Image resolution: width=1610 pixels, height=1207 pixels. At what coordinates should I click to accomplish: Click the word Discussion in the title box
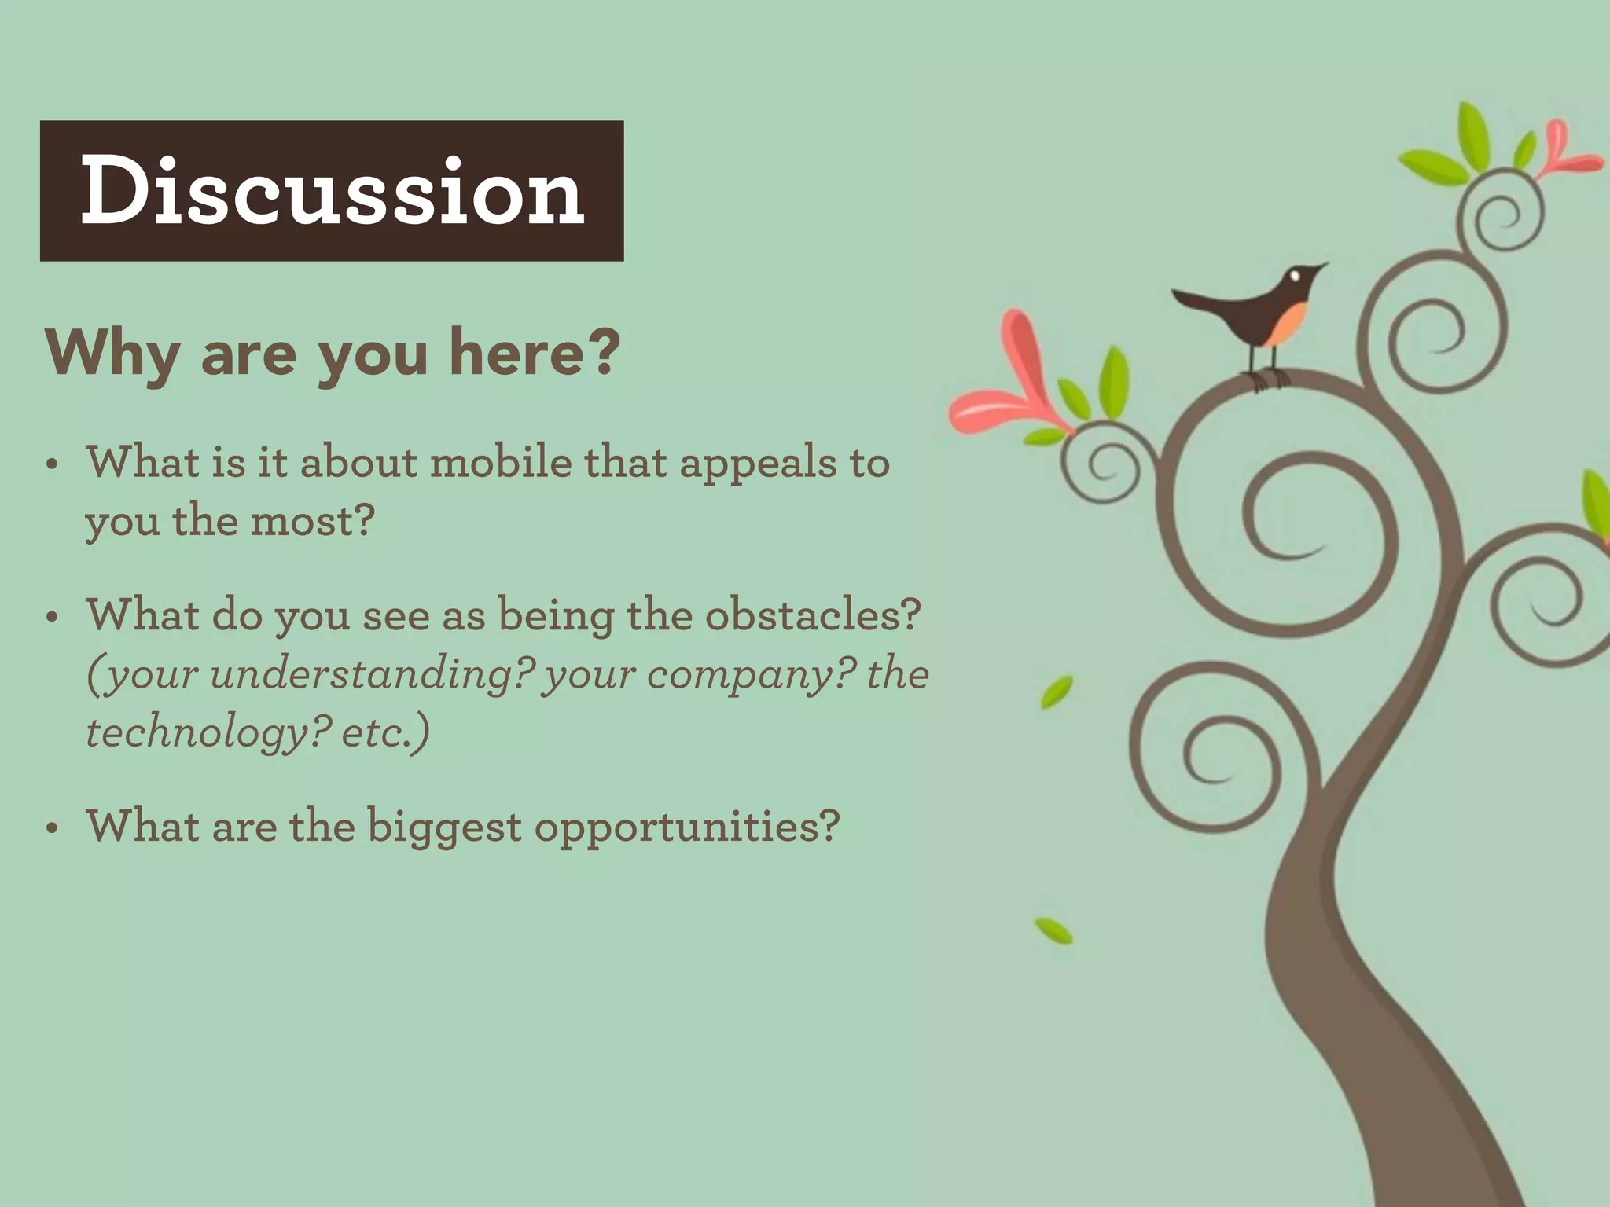[332, 191]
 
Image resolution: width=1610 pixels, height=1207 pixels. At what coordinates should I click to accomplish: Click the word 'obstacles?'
[812, 615]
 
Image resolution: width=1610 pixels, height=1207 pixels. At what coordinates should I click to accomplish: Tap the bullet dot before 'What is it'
[53, 464]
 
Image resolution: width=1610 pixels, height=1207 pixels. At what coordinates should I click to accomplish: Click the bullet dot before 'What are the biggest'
[53, 828]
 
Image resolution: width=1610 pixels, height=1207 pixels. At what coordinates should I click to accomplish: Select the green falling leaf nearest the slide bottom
[1053, 930]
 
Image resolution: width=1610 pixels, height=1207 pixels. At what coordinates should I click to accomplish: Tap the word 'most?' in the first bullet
[312, 522]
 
